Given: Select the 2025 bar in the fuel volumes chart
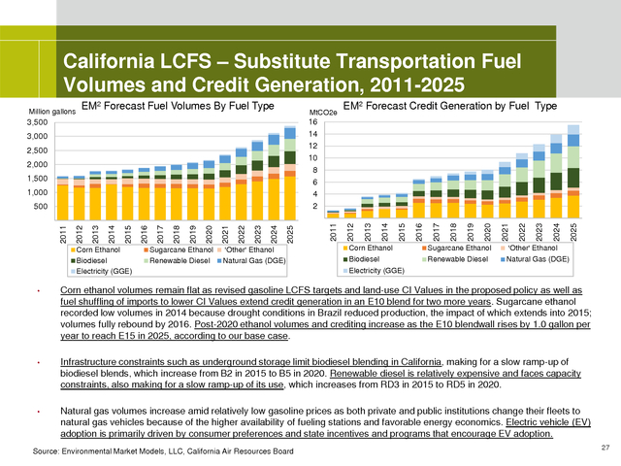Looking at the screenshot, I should [290, 174].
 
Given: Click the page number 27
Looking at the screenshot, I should [604, 445].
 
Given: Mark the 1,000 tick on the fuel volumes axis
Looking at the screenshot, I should [35, 192].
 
